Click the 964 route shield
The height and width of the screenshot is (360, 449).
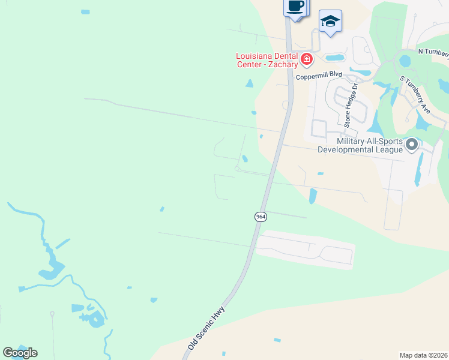(261, 217)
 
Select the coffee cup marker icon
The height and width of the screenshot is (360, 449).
(294, 7)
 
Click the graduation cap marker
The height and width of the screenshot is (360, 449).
(330, 21)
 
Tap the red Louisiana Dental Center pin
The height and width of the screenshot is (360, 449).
(307, 59)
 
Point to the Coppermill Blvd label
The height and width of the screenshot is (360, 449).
(319, 76)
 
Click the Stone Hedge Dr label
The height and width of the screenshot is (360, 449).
(351, 106)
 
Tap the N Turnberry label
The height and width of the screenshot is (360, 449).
(433, 52)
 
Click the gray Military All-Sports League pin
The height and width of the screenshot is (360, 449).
(412, 145)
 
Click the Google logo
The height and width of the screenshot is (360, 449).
(20, 352)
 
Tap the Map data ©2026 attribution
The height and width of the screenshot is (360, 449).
(424, 355)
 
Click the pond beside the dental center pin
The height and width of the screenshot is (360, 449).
(334, 58)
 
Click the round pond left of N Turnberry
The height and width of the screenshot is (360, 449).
(405, 61)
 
